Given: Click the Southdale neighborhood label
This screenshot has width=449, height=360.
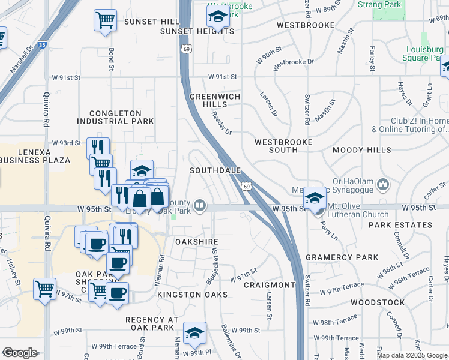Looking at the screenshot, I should click(x=215, y=170).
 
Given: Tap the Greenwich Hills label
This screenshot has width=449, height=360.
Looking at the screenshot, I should click(x=215, y=100).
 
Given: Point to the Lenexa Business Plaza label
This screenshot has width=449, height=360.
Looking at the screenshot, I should click(x=35, y=156).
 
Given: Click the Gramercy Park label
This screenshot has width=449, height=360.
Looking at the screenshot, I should click(x=342, y=257).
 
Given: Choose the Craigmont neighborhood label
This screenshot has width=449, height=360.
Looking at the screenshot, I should click(x=270, y=284).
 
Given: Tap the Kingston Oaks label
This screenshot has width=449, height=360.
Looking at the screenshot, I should click(x=192, y=295).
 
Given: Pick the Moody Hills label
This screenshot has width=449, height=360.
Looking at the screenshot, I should click(x=361, y=150).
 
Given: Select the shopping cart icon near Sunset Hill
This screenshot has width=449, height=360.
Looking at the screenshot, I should click(x=105, y=20).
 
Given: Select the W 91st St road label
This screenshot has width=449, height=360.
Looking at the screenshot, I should click(x=223, y=77).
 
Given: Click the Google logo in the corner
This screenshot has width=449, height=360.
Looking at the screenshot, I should click(x=19, y=353).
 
